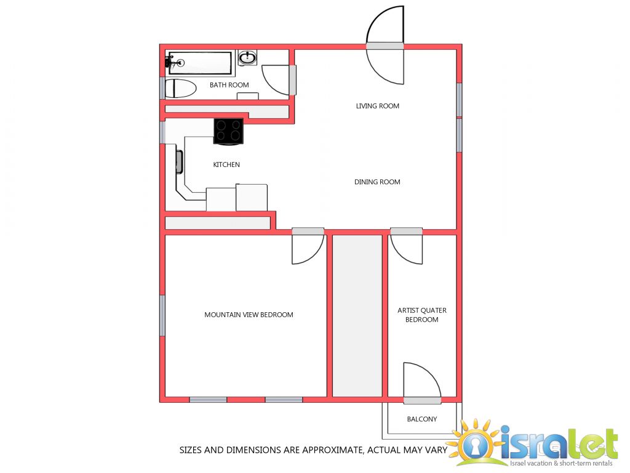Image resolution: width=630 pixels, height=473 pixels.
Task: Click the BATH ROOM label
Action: click(x=229, y=85)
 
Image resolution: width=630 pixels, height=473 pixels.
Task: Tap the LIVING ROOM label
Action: click(x=377, y=106)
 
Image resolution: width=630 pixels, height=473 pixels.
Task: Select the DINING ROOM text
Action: click(x=377, y=182)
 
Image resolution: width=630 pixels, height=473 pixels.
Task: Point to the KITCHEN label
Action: click(x=226, y=164)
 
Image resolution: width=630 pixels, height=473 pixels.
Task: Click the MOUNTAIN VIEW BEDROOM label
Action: click(x=249, y=315)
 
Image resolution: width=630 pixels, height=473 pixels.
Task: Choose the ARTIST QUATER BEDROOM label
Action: click(x=422, y=315)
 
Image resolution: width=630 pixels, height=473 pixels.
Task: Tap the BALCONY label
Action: click(x=422, y=419)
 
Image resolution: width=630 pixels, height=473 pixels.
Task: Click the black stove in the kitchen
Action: click(x=228, y=131)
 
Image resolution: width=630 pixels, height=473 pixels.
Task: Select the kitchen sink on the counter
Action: click(x=179, y=162)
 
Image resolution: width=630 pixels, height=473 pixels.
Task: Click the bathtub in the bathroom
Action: click(x=200, y=63)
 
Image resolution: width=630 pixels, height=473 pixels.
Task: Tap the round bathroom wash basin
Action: click(x=247, y=58)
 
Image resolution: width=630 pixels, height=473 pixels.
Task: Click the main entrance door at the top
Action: click(x=385, y=44)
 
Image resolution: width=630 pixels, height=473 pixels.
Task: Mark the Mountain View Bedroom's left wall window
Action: click(x=162, y=316)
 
